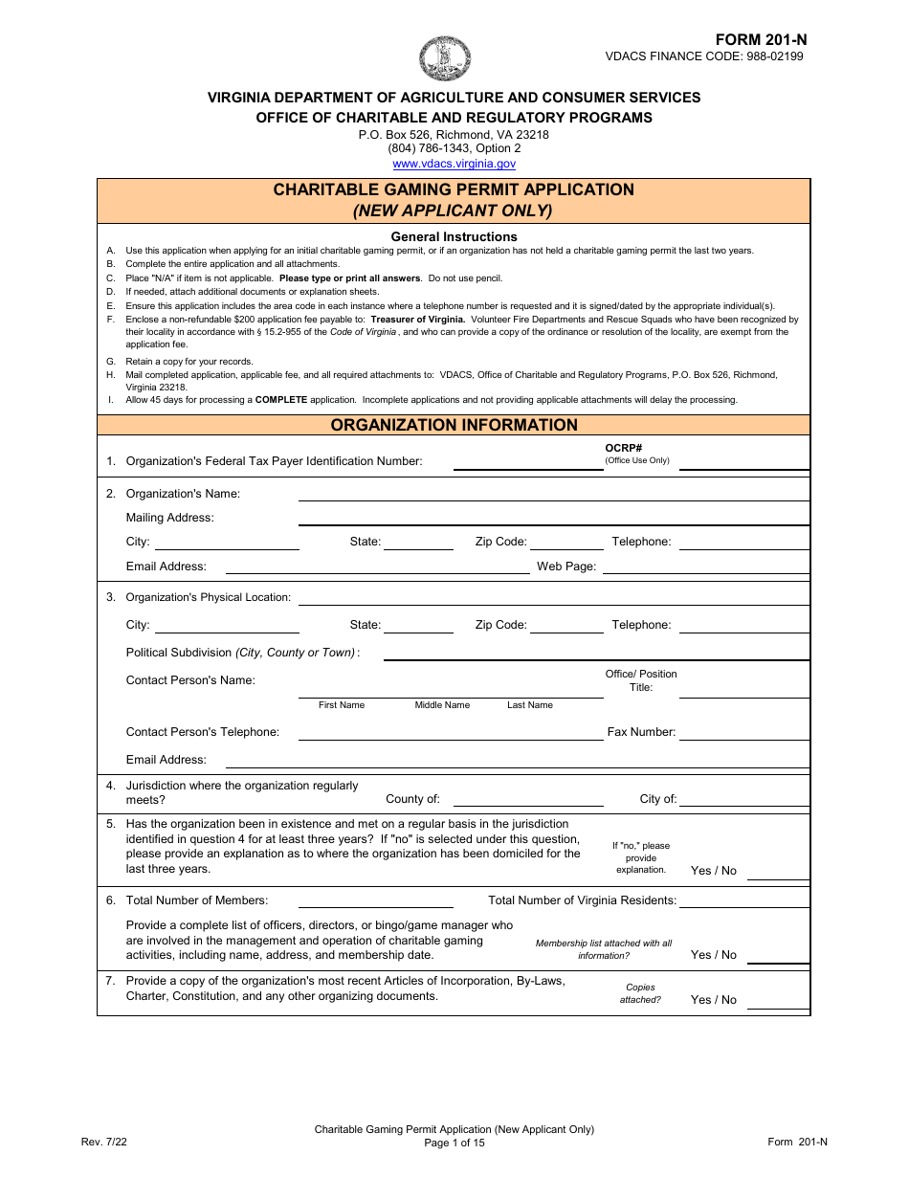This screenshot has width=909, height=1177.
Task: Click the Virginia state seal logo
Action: (x=445, y=58)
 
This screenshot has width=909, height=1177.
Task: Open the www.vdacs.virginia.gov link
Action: (x=454, y=164)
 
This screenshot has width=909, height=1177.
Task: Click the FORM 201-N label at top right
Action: (x=761, y=39)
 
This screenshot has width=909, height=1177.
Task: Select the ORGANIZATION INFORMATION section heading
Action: (x=454, y=425)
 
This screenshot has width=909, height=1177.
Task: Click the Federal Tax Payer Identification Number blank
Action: (x=527, y=462)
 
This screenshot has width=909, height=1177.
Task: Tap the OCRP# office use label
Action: (x=624, y=448)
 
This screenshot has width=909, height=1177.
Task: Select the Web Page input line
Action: (x=705, y=566)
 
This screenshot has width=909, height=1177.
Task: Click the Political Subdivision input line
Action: (x=595, y=653)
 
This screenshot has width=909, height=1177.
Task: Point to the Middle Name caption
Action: (x=442, y=705)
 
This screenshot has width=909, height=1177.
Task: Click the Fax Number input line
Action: (x=743, y=733)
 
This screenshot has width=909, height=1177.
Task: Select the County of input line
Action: (x=527, y=800)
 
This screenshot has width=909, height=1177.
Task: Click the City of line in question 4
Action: (x=743, y=800)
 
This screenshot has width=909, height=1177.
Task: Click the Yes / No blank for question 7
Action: (x=777, y=1001)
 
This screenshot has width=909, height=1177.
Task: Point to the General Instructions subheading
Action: (x=454, y=236)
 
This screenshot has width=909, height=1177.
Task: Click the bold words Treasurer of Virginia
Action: (x=418, y=320)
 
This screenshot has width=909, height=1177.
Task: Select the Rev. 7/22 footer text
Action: (x=99, y=1142)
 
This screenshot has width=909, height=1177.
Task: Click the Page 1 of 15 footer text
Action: (x=454, y=1143)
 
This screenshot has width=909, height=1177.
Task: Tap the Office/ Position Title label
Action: (x=640, y=680)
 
